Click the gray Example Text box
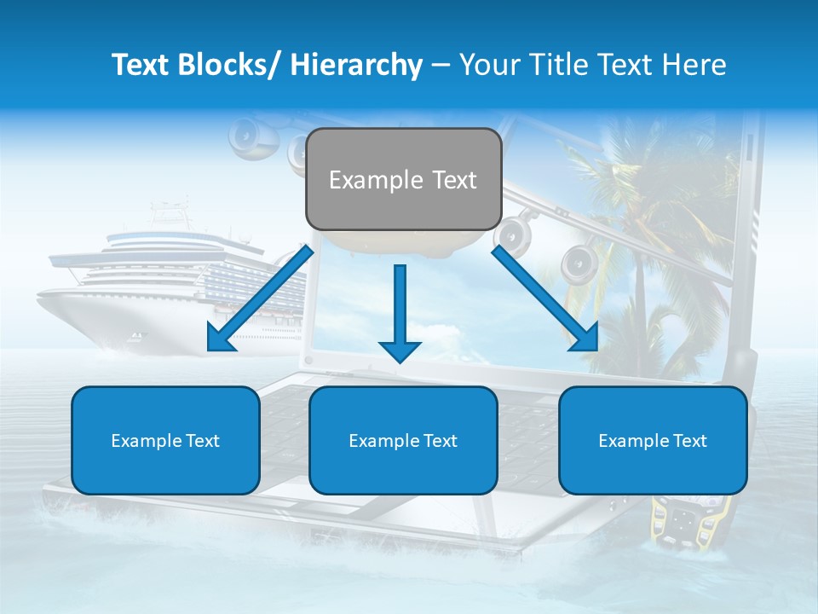click(x=403, y=179)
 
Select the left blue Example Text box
click(x=165, y=440)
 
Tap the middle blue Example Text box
click(x=403, y=440)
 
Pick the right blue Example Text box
click(x=653, y=440)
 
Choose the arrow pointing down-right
click(x=545, y=299)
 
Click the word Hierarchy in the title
click(x=356, y=65)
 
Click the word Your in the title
click(x=488, y=65)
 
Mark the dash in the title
click(x=441, y=65)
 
